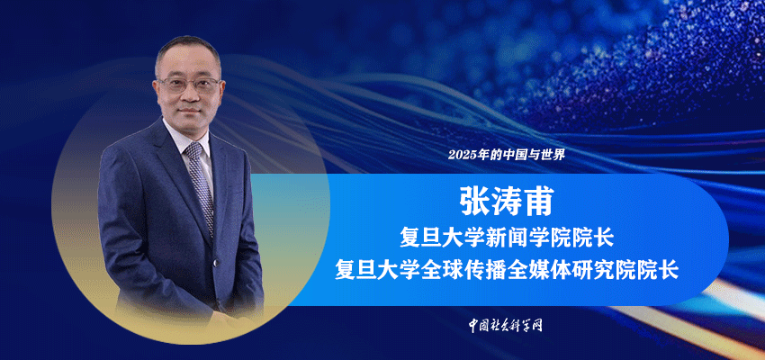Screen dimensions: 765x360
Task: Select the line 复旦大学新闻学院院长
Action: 506,239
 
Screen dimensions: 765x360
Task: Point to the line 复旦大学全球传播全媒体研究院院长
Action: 507,270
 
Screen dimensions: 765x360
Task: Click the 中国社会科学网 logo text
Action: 506,325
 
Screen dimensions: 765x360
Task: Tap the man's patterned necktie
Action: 200,185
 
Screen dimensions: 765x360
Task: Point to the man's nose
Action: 191,94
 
